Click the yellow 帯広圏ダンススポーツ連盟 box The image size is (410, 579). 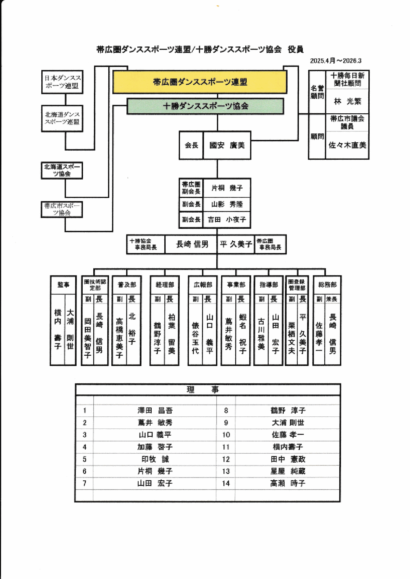click(200, 82)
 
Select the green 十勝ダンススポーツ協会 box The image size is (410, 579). click(205, 106)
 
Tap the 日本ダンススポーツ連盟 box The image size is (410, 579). click(62, 82)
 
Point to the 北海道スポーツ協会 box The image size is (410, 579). click(62, 170)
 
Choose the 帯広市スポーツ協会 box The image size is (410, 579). click(62, 209)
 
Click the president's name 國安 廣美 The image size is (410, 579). click(227, 145)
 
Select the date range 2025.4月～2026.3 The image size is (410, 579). click(336, 61)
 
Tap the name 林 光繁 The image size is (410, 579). click(347, 101)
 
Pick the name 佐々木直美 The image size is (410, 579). click(347, 145)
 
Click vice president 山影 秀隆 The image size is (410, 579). click(227, 204)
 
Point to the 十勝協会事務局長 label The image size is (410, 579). click(146, 244)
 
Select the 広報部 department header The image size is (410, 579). click(203, 285)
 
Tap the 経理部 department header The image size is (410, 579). click(165, 285)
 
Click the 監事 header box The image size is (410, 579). click(63, 285)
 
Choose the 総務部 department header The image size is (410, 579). click(327, 285)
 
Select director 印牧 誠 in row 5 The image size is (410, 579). click(155, 459)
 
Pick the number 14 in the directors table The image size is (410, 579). click(226, 483)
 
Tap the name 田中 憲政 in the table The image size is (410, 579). click(288, 459)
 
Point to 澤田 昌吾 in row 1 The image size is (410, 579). click(155, 411)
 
